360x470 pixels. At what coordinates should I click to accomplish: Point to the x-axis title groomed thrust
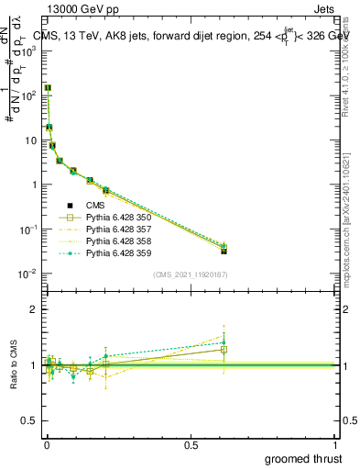tap(304, 458)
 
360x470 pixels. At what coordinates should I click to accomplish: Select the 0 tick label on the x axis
tap(46, 444)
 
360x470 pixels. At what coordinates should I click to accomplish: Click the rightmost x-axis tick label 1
tap(334, 444)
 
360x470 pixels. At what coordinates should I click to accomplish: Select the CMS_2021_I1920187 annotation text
tap(190, 274)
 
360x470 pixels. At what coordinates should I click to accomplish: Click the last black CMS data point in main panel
tap(224, 251)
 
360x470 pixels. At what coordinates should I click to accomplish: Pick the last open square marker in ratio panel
tap(224, 350)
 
